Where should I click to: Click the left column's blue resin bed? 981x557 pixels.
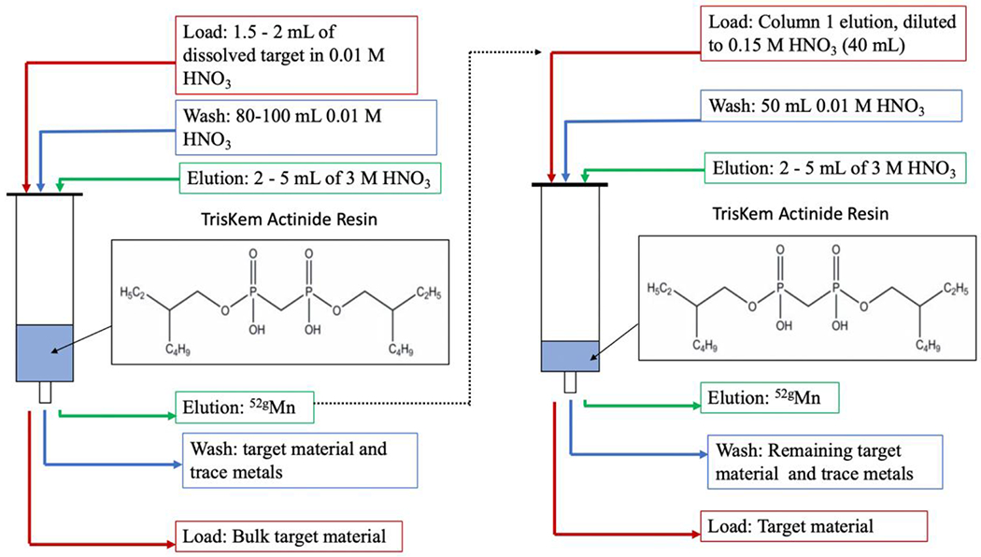(45, 353)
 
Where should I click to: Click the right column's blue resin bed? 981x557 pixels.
(570, 356)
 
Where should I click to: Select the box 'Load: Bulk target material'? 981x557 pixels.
(289, 536)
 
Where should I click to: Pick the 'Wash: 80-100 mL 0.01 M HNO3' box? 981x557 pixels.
(306, 127)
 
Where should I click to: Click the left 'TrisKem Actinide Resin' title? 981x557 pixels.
(289, 219)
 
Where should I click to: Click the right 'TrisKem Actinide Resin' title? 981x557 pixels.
(800, 214)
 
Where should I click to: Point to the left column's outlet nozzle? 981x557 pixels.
(45, 393)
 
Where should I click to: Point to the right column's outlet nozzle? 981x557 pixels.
(570, 382)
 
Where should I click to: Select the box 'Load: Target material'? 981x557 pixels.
(814, 526)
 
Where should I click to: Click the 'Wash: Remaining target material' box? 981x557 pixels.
(825, 462)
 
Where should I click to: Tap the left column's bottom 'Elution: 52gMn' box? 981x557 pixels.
(245, 407)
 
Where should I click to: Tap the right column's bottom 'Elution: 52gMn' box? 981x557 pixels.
(770, 398)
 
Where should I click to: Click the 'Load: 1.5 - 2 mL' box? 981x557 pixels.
(296, 56)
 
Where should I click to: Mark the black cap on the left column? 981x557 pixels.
(45, 194)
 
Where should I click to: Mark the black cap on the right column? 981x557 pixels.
(570, 185)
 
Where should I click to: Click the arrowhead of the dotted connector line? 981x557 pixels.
(539, 52)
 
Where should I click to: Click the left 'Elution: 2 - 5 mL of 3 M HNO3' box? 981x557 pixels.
(309, 179)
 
